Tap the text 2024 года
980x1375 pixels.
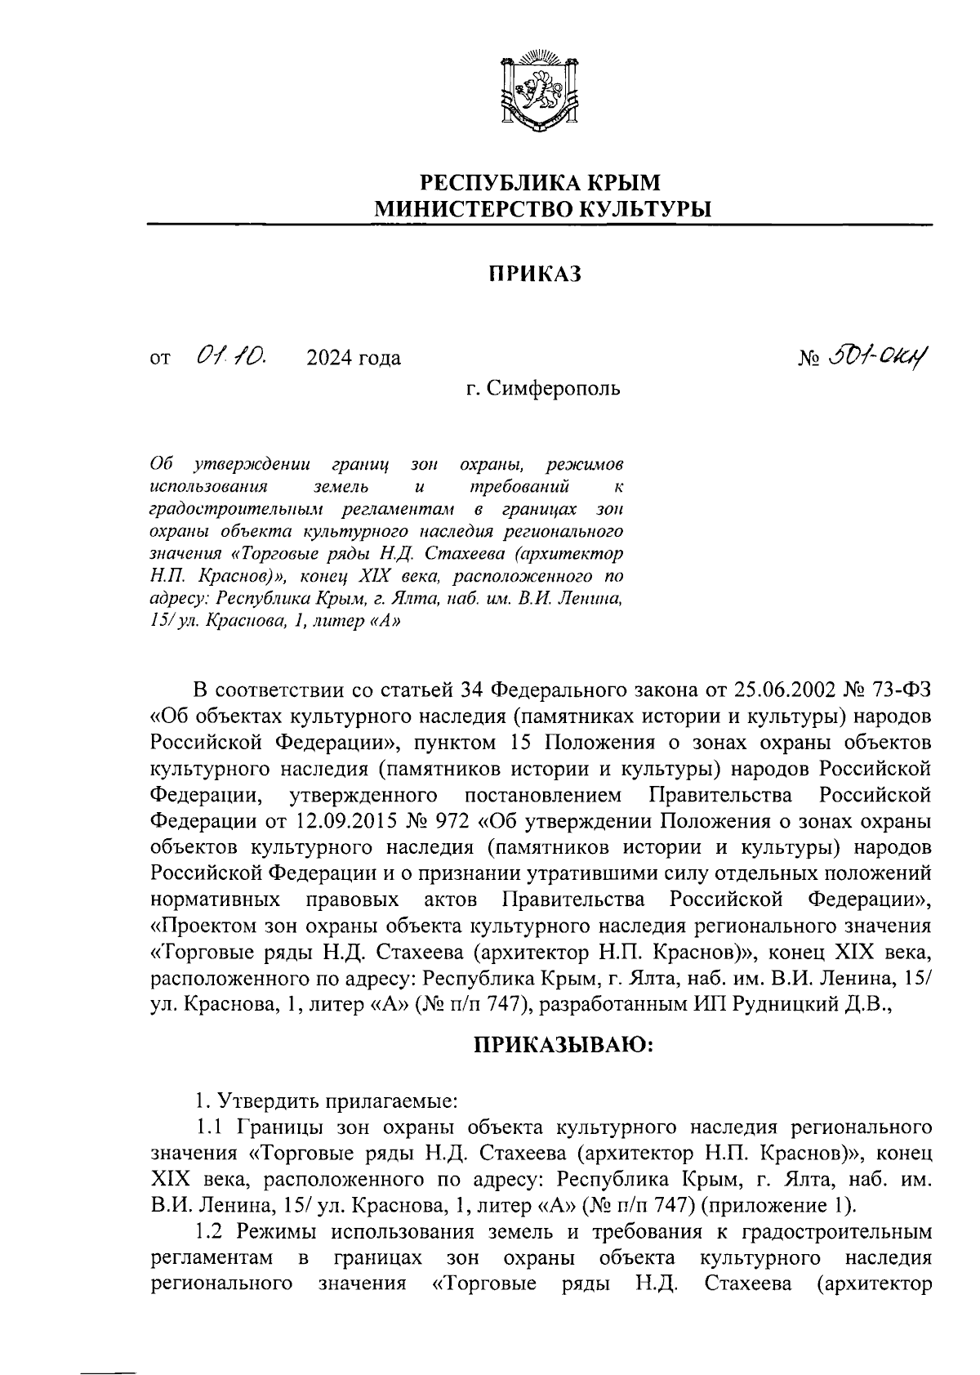[354, 358]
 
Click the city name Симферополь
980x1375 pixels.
[554, 388]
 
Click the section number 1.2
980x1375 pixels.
[210, 1231]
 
